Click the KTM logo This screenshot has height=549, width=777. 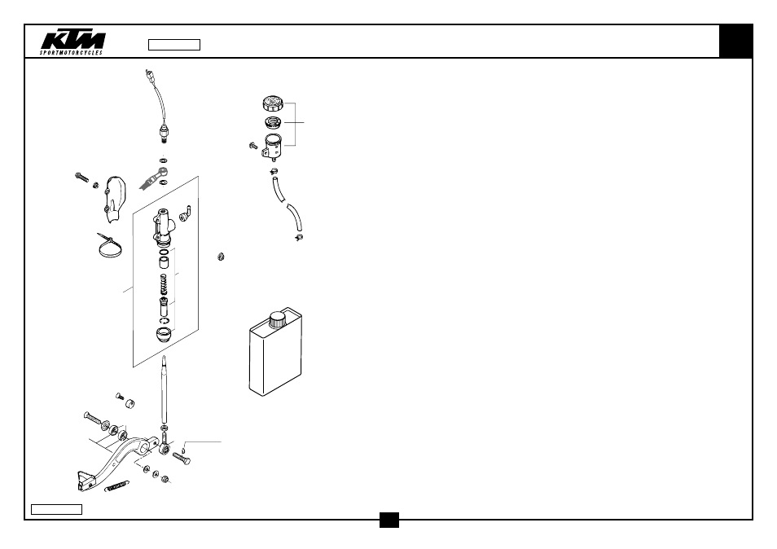pos(72,43)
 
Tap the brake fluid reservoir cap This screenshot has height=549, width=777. pos(273,103)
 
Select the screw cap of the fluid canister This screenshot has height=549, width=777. pos(278,319)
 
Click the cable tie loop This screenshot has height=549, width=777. pos(110,246)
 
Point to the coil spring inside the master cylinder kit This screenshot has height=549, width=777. pos(164,284)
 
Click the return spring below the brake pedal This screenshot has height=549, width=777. pos(117,486)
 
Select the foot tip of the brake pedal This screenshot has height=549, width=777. pos(86,481)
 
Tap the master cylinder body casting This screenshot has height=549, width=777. pos(163,227)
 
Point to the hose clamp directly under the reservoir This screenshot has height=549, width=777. pos(274,171)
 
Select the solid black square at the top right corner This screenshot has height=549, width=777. pos(736,41)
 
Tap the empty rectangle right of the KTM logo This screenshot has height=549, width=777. pos(174,45)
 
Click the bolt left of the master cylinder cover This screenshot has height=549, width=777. pos(81,177)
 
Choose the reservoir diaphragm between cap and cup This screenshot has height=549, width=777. pos(273,122)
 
